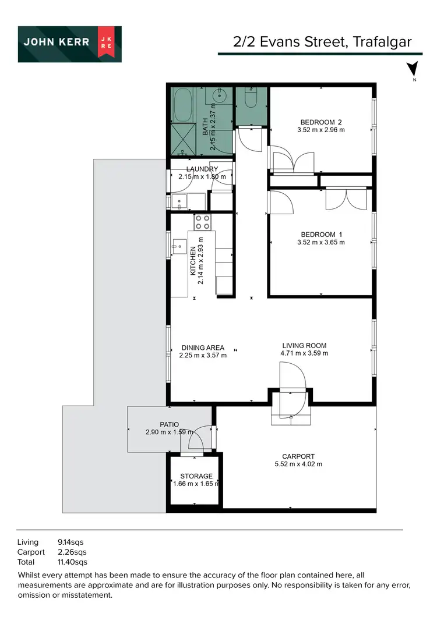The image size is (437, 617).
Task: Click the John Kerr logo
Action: pyautogui.click(x=69, y=44)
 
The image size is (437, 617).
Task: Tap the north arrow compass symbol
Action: pyautogui.click(x=413, y=69)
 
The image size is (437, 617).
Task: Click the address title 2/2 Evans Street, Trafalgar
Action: pyautogui.click(x=322, y=41)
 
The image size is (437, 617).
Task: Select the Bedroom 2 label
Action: pyautogui.click(x=320, y=122)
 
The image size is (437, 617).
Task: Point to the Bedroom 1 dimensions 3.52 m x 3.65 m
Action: pyautogui.click(x=320, y=242)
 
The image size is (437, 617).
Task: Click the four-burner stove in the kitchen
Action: pyautogui.click(x=203, y=222)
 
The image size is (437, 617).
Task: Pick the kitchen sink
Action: pyautogui.click(x=177, y=247)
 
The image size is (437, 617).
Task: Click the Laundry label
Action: pyautogui.click(x=202, y=169)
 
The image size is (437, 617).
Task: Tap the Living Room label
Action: pyautogui.click(x=304, y=345)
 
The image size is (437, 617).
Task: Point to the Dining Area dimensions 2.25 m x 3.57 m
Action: pyautogui.click(x=202, y=355)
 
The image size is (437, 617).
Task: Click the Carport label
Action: pyautogui.click(x=298, y=456)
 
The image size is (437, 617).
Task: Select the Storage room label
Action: pyautogui.click(x=196, y=476)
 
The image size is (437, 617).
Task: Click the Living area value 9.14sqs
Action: pyautogui.click(x=71, y=541)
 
